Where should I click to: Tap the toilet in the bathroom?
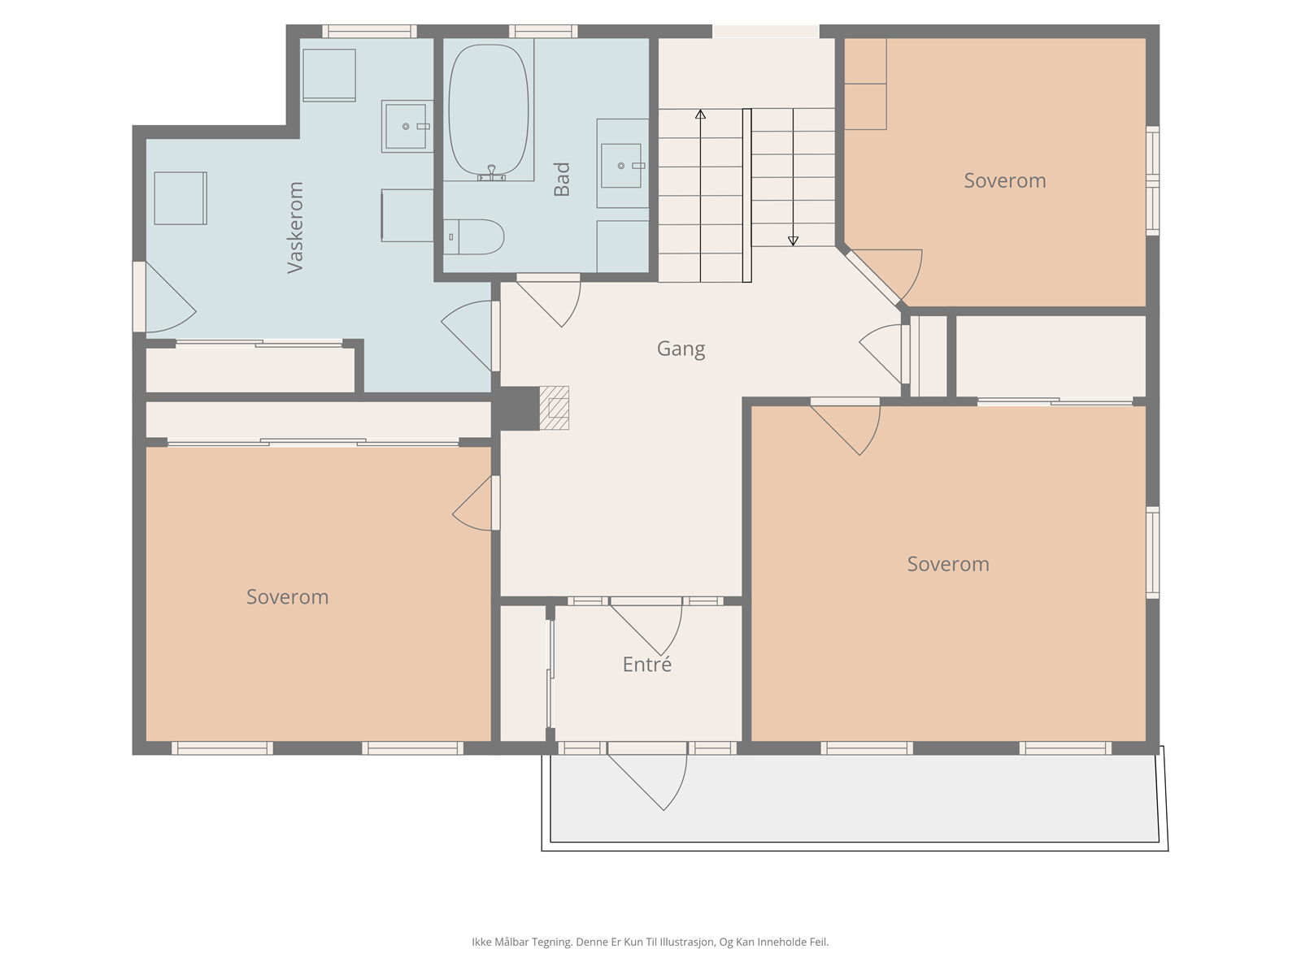click(x=473, y=236)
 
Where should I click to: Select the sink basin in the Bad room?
click(x=620, y=166)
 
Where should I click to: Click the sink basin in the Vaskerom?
click(x=406, y=126)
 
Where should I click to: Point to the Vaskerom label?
click(x=295, y=227)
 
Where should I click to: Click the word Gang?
click(x=681, y=349)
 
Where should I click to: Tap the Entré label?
click(x=646, y=664)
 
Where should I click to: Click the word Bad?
click(x=561, y=179)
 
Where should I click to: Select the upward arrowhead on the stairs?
click(x=701, y=114)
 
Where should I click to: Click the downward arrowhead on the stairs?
click(x=793, y=241)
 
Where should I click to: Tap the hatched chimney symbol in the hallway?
click(x=555, y=408)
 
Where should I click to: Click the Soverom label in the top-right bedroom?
click(x=1005, y=180)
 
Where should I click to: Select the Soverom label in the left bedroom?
click(x=288, y=596)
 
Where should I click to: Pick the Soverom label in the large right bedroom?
click(x=948, y=564)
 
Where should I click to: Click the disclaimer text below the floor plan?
click(x=650, y=942)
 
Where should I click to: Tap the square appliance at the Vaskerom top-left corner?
click(x=329, y=76)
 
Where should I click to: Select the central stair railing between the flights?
click(x=746, y=195)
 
